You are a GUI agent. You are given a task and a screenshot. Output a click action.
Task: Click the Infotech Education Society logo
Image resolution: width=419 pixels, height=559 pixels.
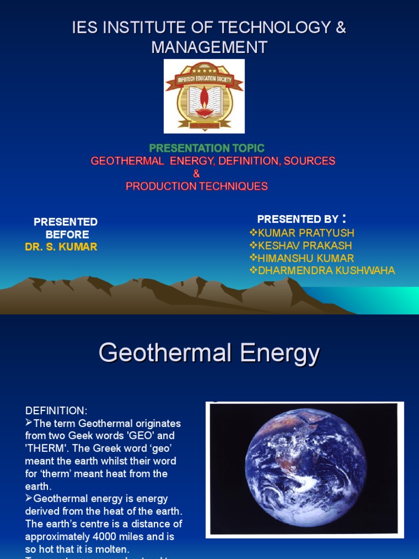pos(204,96)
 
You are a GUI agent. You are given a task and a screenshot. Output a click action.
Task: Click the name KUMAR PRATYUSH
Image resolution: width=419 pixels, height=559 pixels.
pos(306,233)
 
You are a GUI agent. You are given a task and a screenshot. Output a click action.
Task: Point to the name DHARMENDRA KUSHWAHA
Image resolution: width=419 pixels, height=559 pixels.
pos(326,271)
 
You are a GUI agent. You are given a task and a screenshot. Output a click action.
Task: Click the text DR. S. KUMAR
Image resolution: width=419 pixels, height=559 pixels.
pos(61,247)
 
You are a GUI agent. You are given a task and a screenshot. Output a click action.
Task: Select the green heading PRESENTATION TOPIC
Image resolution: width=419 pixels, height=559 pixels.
pos(207,148)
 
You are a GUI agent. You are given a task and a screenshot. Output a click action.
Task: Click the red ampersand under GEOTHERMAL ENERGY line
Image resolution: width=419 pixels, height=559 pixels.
pos(197,174)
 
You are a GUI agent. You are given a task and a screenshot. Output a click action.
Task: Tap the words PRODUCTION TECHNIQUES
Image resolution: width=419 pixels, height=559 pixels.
pos(197,186)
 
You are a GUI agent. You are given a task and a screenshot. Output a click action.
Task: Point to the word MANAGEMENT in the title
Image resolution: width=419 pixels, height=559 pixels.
pos(209,47)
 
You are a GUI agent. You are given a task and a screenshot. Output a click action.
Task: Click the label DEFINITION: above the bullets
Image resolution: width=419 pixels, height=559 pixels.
pos(56,411)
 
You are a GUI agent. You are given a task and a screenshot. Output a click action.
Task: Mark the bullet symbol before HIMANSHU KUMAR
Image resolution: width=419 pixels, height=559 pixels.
pos(253,258)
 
